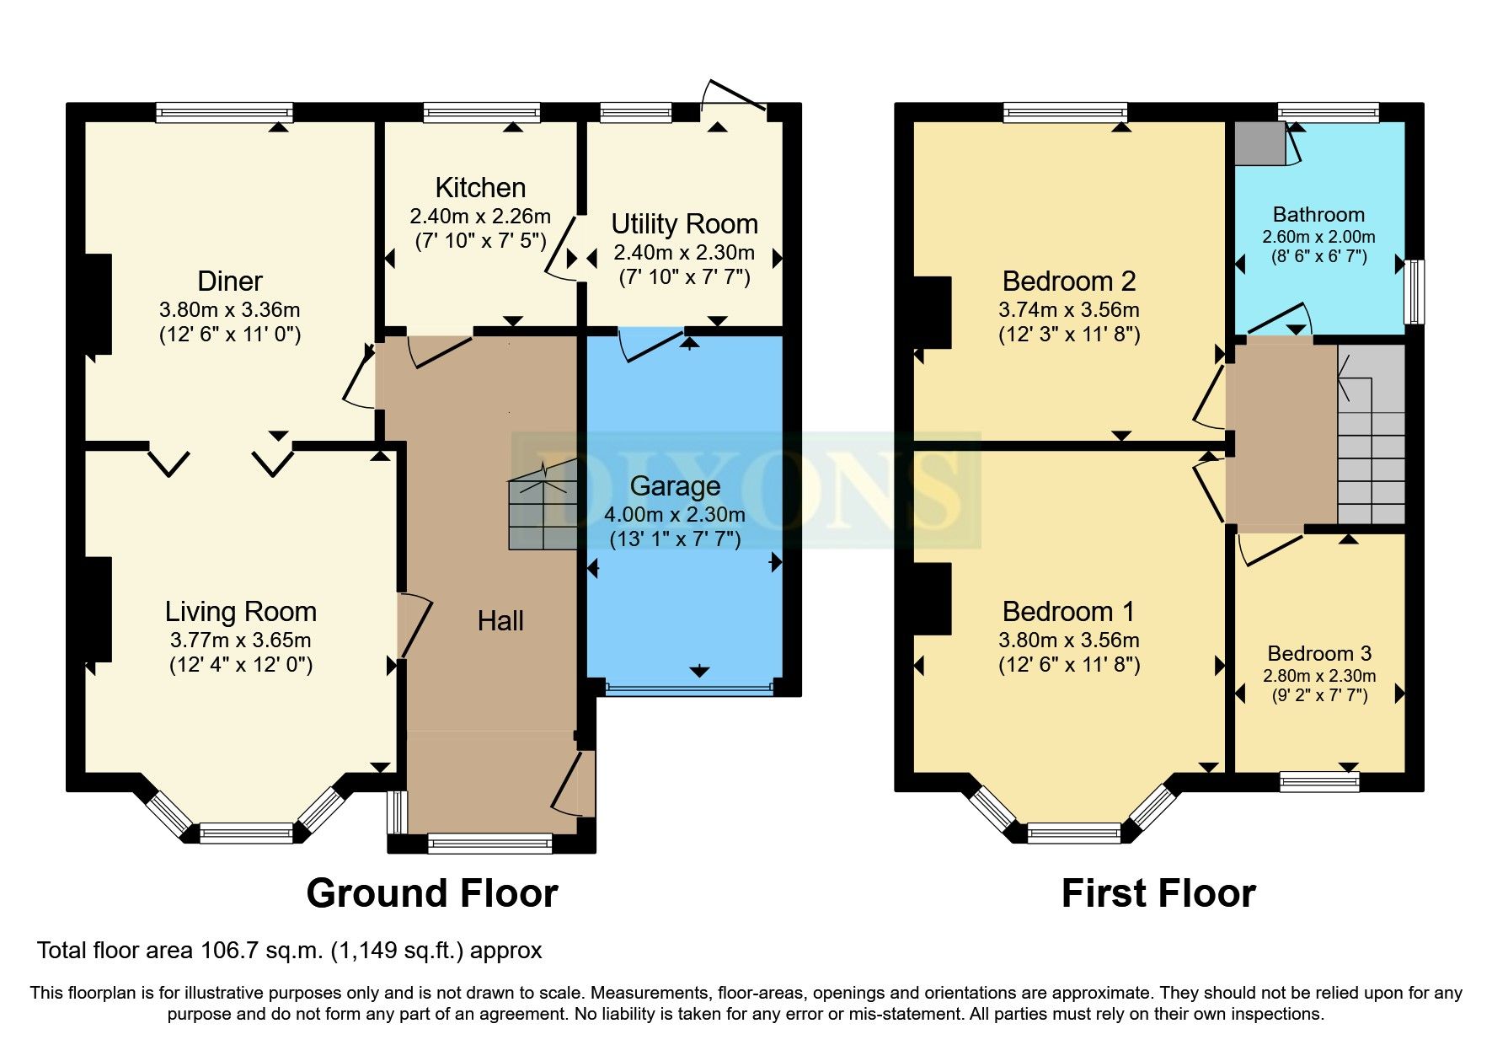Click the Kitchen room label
[480, 187]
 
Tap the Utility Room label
[684, 224]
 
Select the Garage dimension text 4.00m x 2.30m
[674, 514]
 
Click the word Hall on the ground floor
[500, 621]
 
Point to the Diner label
[230, 281]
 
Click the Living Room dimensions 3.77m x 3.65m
[240, 640]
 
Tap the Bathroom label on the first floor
[1318, 214]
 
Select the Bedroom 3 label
[1319, 653]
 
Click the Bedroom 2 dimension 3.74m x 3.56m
[1069, 309]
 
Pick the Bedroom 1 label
[1068, 611]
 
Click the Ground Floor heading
[431, 893]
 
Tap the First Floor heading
[1158, 893]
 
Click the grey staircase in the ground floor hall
[543, 514]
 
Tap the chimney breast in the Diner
[99, 304]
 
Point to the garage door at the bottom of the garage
[688, 689]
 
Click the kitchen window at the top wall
[481, 112]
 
